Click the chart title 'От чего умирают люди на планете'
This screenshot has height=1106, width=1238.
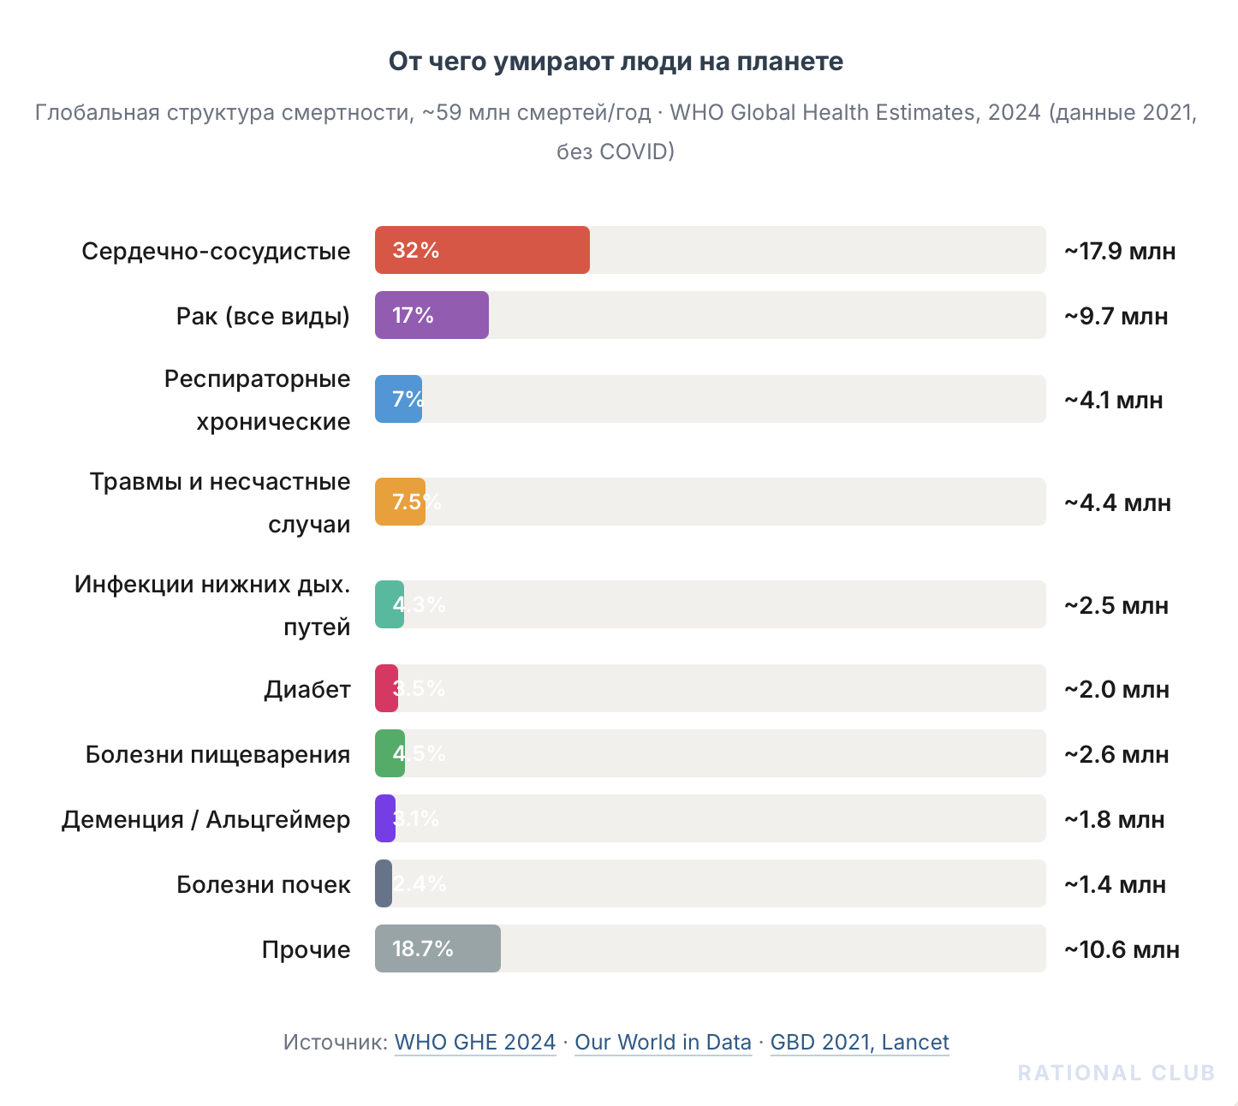pos(616,62)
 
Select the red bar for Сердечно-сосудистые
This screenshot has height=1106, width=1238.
pos(482,250)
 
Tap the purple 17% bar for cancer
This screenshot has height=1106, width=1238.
pos(432,315)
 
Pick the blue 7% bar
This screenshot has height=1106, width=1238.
pos(398,399)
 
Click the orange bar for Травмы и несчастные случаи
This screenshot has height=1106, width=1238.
pos(400,502)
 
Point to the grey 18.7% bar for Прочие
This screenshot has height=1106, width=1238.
pos(437,948)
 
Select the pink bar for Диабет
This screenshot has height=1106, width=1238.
pos(386,688)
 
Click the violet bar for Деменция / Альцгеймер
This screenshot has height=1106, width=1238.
pos(385,818)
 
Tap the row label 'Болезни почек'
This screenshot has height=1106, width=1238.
pos(263,884)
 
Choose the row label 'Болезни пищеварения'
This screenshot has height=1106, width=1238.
pos(217,754)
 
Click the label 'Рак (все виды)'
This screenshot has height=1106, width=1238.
pos(263,316)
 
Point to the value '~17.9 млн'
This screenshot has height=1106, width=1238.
pos(1120,251)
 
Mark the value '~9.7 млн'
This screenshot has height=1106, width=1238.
pos(1116,316)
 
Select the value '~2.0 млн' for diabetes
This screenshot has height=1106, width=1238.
pos(1116,689)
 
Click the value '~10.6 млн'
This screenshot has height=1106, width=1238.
pos(1122,949)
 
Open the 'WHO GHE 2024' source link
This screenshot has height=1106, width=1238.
pos(475,1042)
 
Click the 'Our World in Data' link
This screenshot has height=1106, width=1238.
pos(663,1042)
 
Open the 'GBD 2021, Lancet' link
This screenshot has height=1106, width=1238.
pos(860,1042)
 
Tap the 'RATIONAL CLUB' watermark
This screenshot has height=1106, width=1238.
pos(1116,1073)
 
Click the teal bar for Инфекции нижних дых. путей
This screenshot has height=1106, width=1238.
pos(390,604)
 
